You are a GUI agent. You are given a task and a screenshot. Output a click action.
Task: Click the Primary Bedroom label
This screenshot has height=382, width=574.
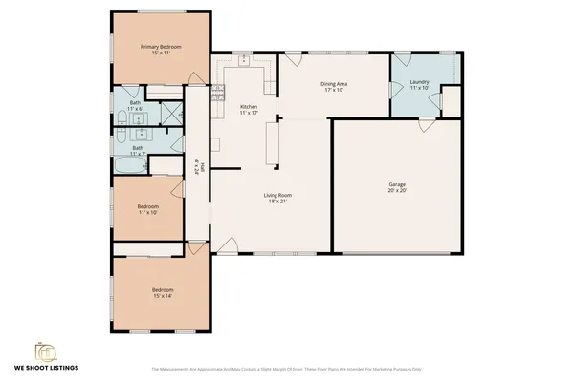pos(160,46)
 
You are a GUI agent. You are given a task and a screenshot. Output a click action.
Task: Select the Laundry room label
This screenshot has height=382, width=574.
pos(419,82)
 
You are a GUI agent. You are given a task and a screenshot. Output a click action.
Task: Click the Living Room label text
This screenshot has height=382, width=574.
pos(276,196)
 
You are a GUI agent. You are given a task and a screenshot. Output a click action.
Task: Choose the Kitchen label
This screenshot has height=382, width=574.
pos(249,106)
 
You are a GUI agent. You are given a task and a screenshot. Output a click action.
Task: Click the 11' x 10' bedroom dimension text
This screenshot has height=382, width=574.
pos(146,211)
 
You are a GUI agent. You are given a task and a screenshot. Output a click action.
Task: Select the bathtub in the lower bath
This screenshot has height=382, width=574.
pos(128,166)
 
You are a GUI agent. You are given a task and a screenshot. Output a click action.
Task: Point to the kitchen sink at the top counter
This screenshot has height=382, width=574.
pos(244,59)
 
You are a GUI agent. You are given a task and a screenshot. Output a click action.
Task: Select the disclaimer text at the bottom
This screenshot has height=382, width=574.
pos(287,369)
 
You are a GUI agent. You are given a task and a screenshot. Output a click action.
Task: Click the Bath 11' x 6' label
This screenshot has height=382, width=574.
pos(135,105)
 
